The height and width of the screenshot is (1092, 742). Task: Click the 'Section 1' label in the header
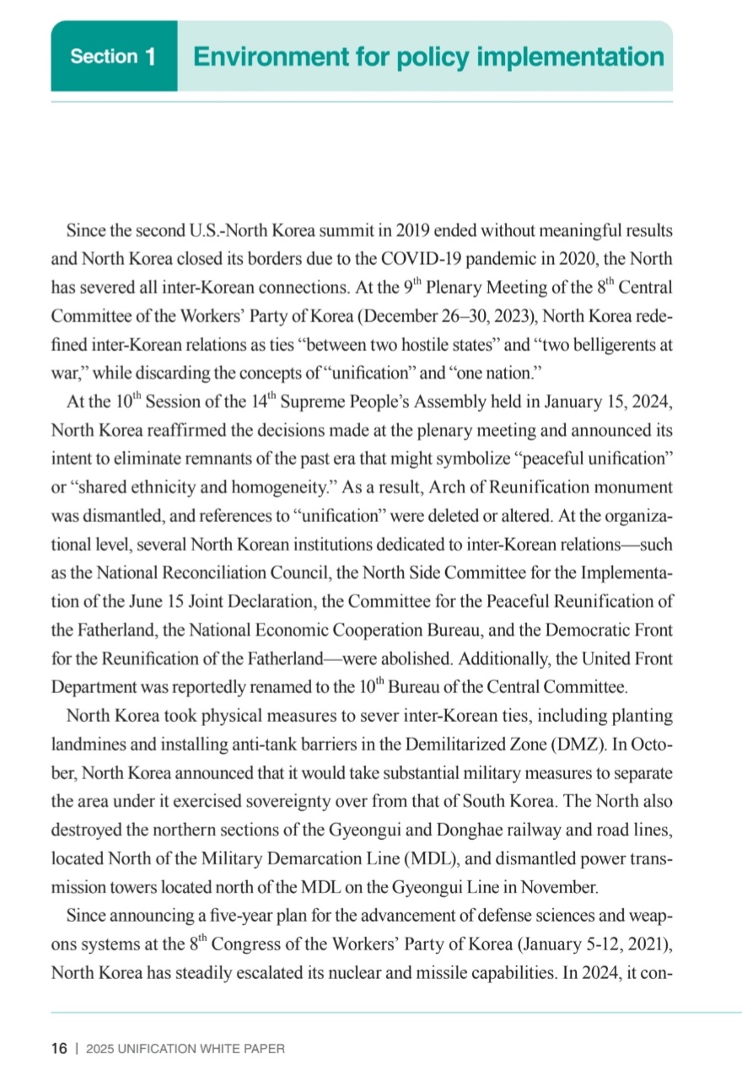point(113,57)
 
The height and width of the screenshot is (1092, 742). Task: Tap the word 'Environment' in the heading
point(265,57)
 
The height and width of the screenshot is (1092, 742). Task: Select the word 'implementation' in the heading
point(570,57)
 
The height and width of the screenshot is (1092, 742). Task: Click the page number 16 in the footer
point(59,1048)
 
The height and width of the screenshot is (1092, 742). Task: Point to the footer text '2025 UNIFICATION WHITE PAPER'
point(185,1049)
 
